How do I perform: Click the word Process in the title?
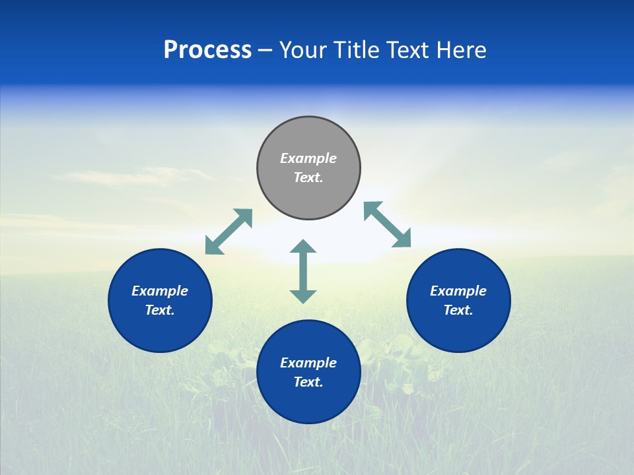(207, 50)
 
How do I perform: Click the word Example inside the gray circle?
(308, 158)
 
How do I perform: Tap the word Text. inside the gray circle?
(308, 177)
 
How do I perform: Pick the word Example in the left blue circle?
(160, 291)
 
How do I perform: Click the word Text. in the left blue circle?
(160, 310)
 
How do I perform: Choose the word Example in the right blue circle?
(458, 291)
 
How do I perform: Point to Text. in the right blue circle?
(458, 310)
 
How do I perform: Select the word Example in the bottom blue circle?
(308, 363)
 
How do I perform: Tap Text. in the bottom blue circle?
(308, 382)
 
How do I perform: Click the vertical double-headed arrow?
(303, 271)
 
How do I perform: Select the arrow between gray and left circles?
(229, 232)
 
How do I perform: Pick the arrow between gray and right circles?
(388, 224)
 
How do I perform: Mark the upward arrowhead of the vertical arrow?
(303, 246)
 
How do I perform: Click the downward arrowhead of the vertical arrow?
(303, 296)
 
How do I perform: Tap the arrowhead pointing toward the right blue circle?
(402, 239)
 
